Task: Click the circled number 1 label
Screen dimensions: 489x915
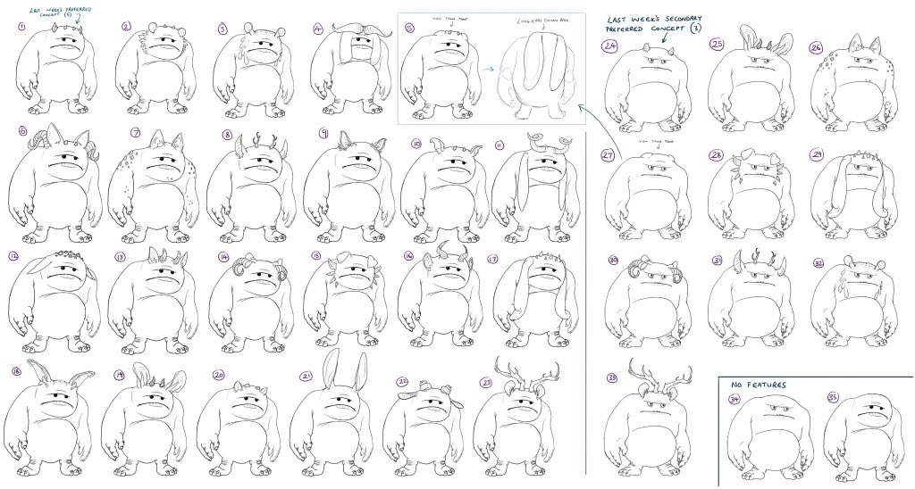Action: (x=21, y=26)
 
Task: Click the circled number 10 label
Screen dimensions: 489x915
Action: (x=416, y=144)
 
